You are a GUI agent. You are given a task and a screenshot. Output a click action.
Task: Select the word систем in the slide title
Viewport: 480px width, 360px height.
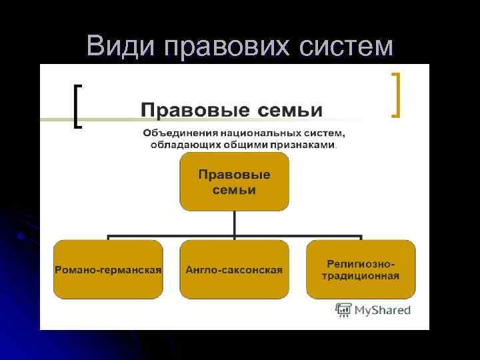347,46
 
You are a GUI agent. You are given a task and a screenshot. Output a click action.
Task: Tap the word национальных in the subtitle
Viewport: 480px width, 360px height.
250,133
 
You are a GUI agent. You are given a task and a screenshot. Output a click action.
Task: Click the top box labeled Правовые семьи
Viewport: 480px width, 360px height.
234,181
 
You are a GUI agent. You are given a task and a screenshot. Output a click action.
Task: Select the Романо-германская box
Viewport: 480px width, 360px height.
108,269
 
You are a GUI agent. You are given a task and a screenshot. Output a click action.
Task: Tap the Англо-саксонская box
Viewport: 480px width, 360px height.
234,269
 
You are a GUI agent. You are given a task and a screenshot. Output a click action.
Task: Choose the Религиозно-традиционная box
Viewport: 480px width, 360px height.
361,269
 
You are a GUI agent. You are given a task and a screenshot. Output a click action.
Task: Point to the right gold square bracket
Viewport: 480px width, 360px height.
397,95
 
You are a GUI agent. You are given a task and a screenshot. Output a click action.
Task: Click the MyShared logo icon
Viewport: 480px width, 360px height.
343,310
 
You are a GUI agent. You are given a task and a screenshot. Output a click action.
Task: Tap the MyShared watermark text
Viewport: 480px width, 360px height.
382,310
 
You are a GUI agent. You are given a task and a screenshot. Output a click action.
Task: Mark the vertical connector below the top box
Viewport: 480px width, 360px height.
234,224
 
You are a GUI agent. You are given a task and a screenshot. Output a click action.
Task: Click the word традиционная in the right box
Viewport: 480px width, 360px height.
361,275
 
